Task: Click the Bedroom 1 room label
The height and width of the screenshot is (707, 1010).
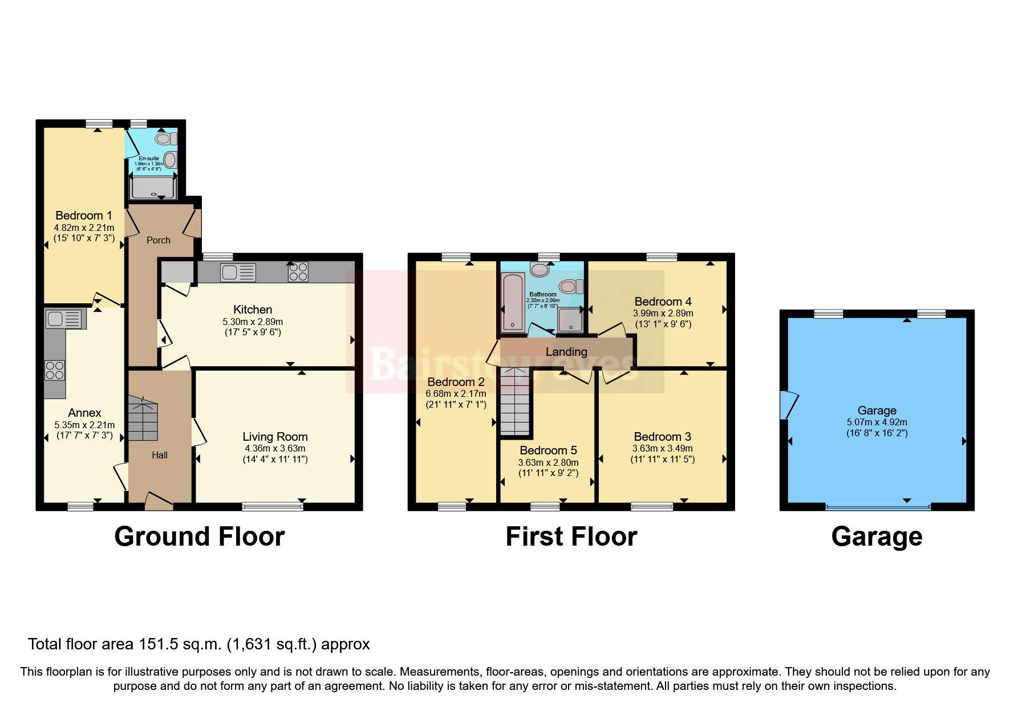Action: (84, 216)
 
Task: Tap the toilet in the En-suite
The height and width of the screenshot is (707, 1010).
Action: (165, 139)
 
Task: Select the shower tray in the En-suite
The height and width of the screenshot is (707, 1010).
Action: (153, 188)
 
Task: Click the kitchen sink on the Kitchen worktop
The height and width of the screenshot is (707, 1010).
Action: (238, 273)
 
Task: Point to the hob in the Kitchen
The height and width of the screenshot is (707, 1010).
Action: (298, 272)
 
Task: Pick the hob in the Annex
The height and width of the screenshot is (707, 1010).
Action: (55, 371)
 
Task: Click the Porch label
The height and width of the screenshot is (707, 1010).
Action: (159, 240)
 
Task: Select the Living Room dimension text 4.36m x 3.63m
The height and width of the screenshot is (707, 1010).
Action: (275, 448)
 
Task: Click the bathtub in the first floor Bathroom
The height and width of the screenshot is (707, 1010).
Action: (512, 303)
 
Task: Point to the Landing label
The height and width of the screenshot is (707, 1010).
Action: (566, 352)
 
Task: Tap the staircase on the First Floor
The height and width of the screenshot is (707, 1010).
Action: (515, 401)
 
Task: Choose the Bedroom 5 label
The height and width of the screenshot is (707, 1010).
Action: (548, 450)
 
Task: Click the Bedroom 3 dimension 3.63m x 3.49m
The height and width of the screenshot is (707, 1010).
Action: (662, 448)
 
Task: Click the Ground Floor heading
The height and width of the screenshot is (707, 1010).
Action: (200, 537)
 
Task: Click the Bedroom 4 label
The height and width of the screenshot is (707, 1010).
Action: (663, 302)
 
